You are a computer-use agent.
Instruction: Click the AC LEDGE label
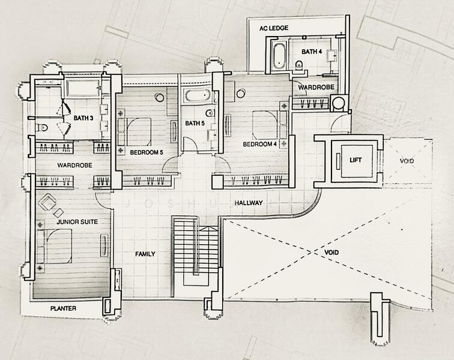pyautogui.click(x=273, y=28)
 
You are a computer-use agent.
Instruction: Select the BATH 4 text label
pyautogui.click(x=312, y=52)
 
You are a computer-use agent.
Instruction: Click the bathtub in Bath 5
pyautogui.click(x=196, y=97)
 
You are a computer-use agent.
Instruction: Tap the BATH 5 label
pyautogui.click(x=195, y=124)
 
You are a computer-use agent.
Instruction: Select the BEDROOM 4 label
pyautogui.click(x=259, y=145)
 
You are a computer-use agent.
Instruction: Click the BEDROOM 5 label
pyautogui.click(x=147, y=152)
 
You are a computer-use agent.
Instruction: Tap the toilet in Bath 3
pyautogui.click(x=42, y=128)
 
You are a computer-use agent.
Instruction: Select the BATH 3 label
pyautogui.click(x=83, y=118)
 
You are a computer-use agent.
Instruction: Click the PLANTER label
pyautogui.click(x=63, y=308)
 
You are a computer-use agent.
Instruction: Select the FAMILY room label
pyautogui.click(x=145, y=254)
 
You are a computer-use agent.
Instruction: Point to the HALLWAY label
pyautogui.click(x=249, y=203)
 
